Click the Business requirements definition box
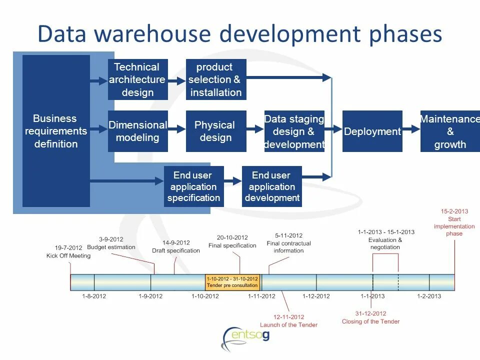point(56,131)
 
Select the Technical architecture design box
point(137,79)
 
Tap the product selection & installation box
point(215,79)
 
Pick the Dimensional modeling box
point(137,131)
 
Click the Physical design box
point(215,131)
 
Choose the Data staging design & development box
point(294,131)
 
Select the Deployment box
point(372,131)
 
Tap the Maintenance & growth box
point(449,131)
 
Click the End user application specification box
point(193,186)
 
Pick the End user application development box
point(271,186)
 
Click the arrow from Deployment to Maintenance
point(411,129)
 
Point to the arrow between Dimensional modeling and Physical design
point(176,129)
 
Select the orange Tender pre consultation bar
point(232,282)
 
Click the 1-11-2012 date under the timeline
point(261,296)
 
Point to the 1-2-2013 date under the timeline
point(429,296)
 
